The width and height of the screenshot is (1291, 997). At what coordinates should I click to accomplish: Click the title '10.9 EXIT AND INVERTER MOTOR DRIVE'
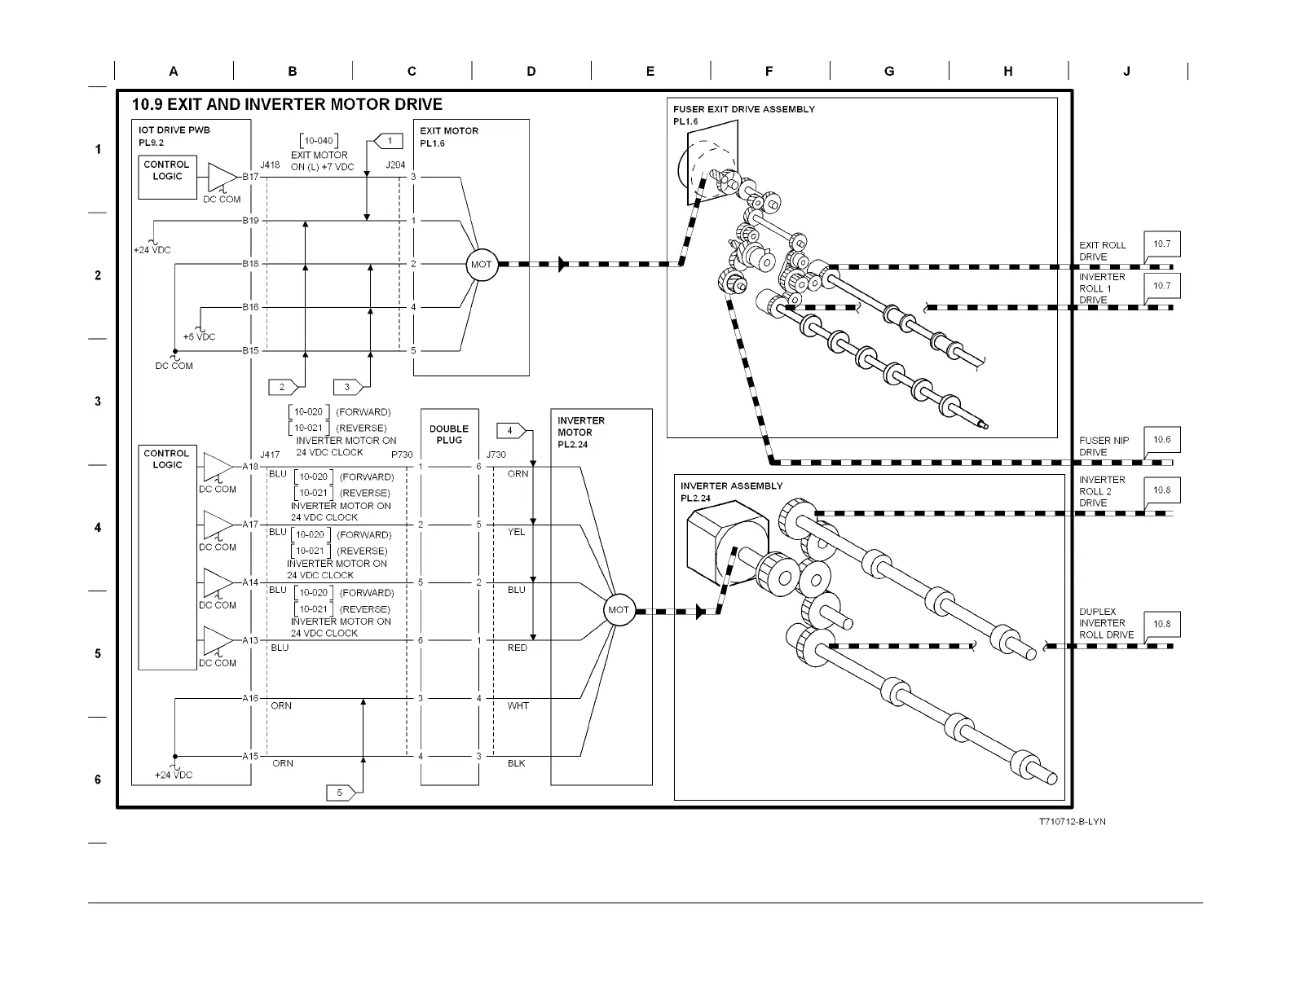(x=287, y=104)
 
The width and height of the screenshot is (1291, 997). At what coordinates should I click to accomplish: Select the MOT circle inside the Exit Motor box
(x=482, y=264)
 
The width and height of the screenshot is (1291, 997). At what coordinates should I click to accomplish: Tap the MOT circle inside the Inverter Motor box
(x=619, y=610)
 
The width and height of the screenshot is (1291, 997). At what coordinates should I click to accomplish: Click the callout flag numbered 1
(x=388, y=141)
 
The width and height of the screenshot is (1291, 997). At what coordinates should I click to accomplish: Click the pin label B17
(x=249, y=177)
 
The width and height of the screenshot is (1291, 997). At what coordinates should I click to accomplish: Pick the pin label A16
(x=249, y=698)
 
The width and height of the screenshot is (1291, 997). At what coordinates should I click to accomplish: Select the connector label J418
(x=270, y=165)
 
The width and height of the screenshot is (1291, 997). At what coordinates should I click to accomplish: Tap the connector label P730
(x=402, y=455)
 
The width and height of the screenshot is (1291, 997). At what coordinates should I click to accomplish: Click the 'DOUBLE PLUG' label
(x=449, y=434)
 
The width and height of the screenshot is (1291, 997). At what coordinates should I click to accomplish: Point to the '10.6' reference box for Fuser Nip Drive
(x=1161, y=440)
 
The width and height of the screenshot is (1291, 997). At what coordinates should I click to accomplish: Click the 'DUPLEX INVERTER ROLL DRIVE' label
(x=1106, y=623)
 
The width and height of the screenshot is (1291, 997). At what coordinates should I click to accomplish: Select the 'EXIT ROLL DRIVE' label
(x=1102, y=251)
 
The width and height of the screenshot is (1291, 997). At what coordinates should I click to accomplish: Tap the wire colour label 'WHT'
(x=518, y=705)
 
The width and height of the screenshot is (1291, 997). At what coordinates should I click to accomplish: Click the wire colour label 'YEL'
(x=517, y=532)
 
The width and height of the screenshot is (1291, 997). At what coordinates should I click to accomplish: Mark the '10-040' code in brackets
(x=319, y=141)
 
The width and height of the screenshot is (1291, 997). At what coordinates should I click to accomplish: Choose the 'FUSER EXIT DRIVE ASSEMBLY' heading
(x=743, y=109)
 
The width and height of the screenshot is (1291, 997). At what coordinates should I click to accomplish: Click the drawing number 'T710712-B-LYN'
(x=1072, y=821)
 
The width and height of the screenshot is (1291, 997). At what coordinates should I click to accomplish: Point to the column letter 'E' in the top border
(x=650, y=72)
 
